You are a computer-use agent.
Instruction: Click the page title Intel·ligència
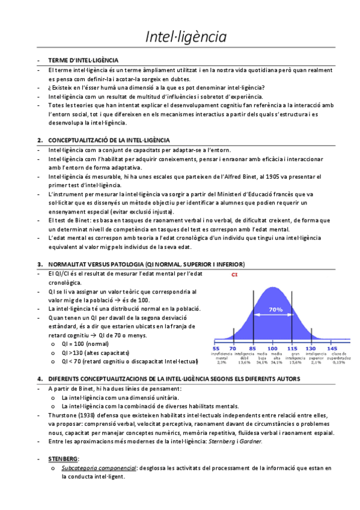coord(186,37)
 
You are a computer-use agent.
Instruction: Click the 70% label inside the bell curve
coord(275,309)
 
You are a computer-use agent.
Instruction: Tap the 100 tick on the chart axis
coord(272,348)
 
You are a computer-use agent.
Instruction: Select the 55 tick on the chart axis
coord(216,348)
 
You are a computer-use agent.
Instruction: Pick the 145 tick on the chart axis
coord(331,348)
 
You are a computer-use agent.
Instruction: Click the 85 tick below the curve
coord(252,348)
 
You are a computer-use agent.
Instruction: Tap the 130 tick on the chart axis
coord(311,348)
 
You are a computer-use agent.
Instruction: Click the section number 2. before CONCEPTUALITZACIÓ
coord(40,140)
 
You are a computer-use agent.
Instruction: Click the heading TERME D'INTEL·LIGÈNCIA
coord(84,61)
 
